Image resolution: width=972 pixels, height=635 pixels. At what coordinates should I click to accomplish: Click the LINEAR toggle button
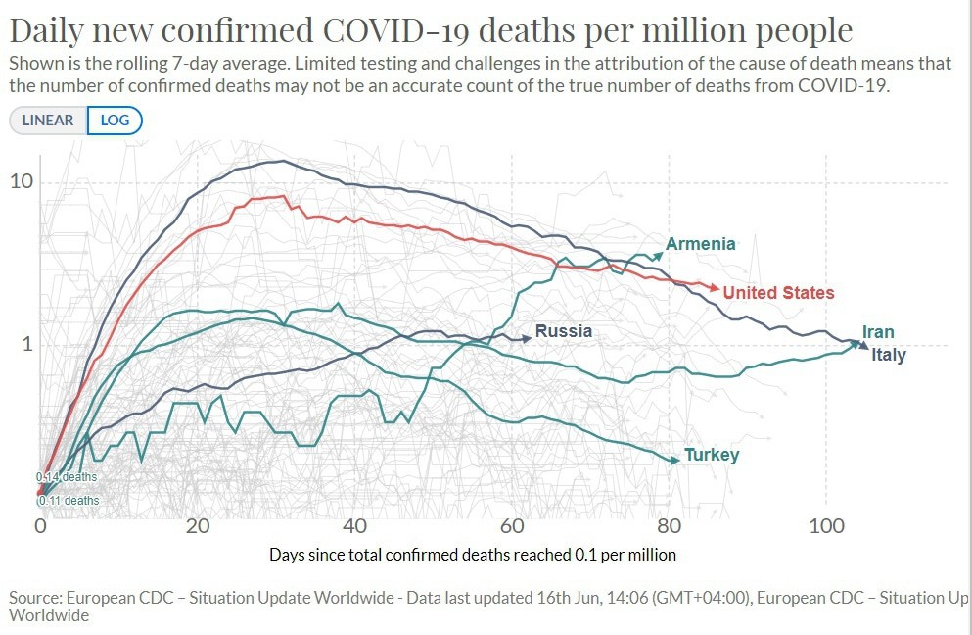pyautogui.click(x=48, y=120)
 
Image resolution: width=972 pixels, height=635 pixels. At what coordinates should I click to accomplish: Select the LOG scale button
pyautogui.click(x=115, y=120)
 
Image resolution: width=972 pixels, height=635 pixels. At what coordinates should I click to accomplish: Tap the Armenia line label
pyautogui.click(x=700, y=244)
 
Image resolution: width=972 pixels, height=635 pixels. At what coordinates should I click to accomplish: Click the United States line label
pyautogui.click(x=778, y=292)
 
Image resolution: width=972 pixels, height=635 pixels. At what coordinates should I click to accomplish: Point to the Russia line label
pyautogui.click(x=564, y=331)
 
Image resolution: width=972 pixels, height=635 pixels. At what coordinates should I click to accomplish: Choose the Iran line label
pyautogui.click(x=878, y=332)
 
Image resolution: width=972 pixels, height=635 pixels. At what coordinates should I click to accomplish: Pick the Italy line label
pyautogui.click(x=889, y=355)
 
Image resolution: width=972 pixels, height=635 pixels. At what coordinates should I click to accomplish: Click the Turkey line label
pyautogui.click(x=712, y=455)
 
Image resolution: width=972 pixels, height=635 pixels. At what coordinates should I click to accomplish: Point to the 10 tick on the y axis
pyautogui.click(x=21, y=182)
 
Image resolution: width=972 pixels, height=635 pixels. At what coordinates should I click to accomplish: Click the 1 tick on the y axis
pyautogui.click(x=27, y=345)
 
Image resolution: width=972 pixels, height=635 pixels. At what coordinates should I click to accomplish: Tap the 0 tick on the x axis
pyautogui.click(x=40, y=525)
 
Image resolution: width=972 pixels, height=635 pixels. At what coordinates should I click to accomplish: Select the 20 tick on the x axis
pyautogui.click(x=198, y=525)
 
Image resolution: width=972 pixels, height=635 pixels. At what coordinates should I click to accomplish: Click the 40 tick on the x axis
pyautogui.click(x=355, y=525)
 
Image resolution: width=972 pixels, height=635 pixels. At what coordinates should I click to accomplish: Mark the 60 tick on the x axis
pyautogui.click(x=512, y=525)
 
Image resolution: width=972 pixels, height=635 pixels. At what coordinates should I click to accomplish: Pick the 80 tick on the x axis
pyautogui.click(x=669, y=525)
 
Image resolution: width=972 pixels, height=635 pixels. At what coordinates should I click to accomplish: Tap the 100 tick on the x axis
pyautogui.click(x=826, y=525)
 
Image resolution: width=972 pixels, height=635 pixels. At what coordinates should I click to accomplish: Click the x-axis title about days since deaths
pyautogui.click(x=472, y=554)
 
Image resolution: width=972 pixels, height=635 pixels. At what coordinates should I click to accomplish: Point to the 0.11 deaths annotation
pyautogui.click(x=69, y=501)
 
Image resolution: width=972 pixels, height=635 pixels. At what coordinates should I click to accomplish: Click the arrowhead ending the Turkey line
pyautogui.click(x=673, y=460)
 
